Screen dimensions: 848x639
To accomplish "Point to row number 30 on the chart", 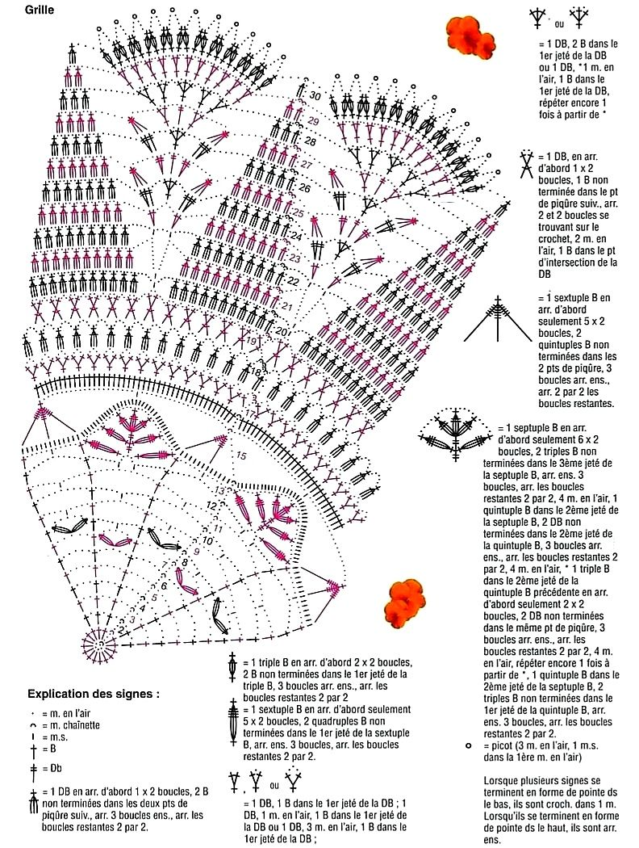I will (x=315, y=97).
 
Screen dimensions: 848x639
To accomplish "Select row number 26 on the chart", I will (x=304, y=187).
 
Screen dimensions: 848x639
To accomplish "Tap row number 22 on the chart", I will (x=293, y=281).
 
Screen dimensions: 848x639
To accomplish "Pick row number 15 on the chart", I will (x=241, y=455).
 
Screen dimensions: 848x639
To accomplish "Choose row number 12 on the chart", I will (x=211, y=505).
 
